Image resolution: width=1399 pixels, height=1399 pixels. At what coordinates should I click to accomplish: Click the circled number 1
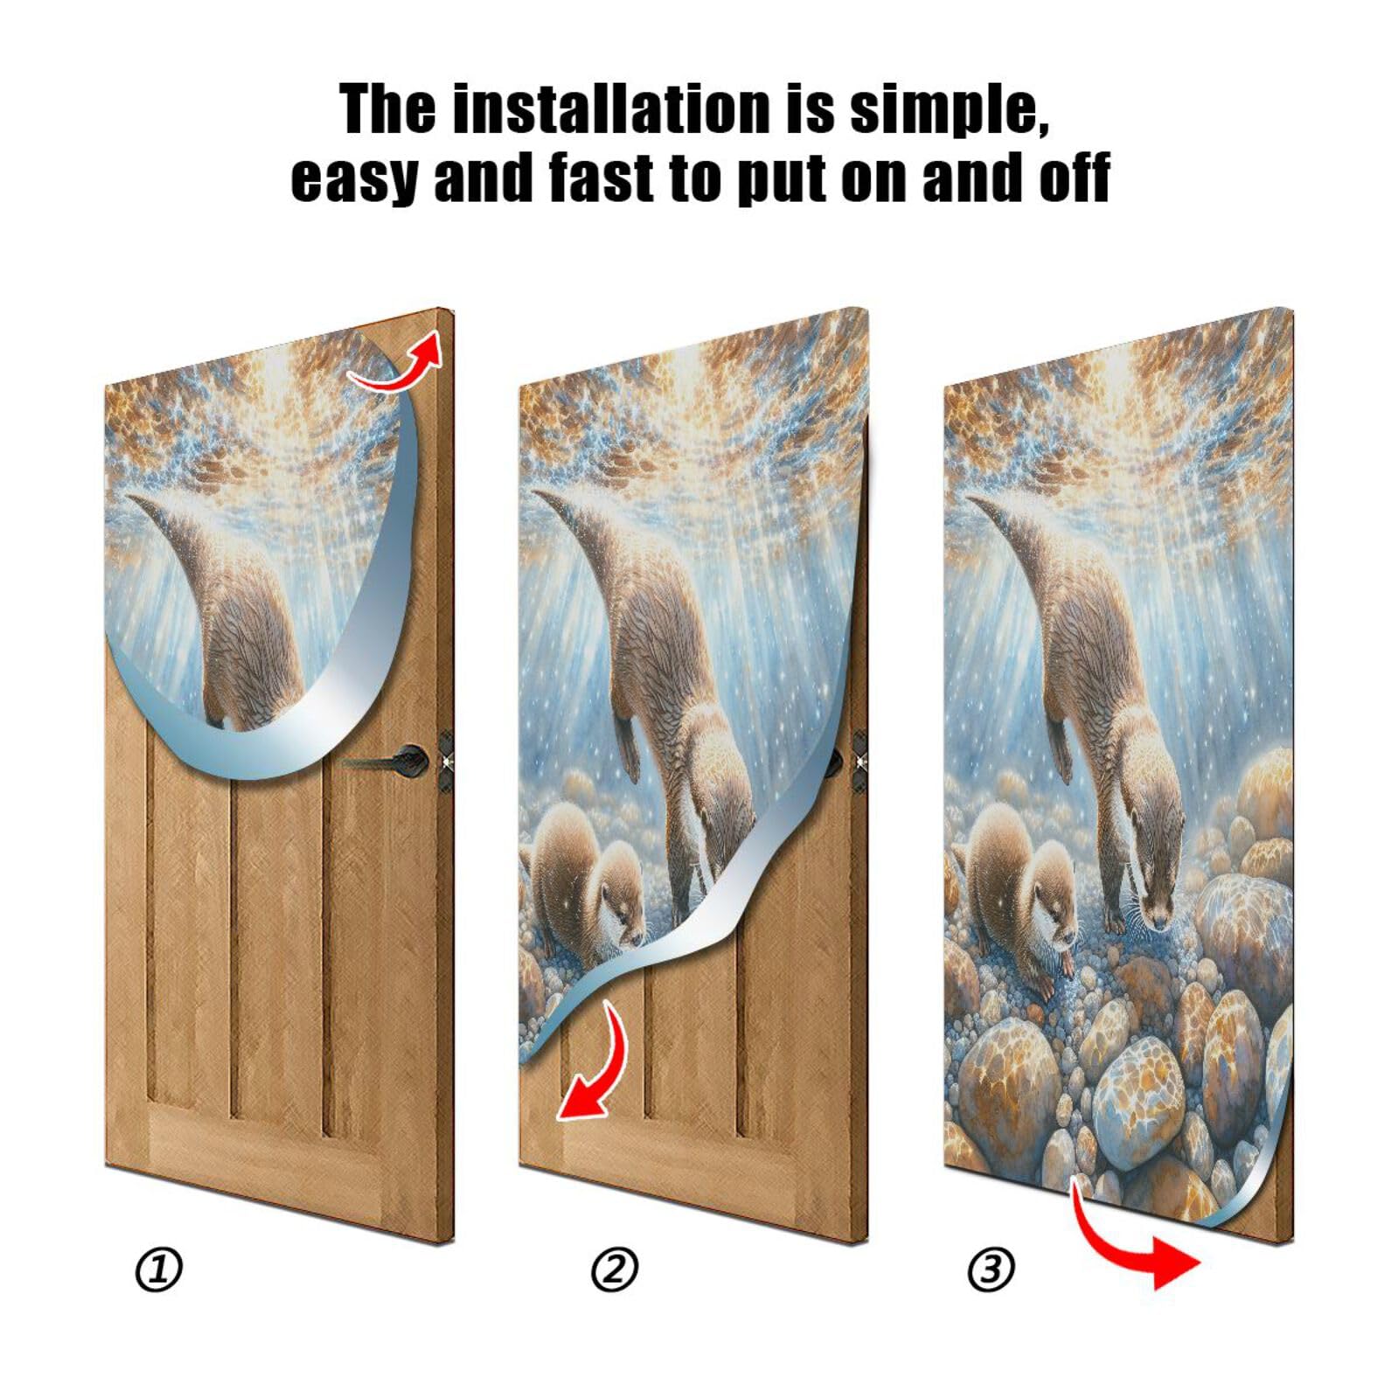(159, 1270)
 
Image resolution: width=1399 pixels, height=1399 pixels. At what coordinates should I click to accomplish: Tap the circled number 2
(615, 1270)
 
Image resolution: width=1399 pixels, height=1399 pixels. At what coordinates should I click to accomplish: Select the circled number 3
(991, 1270)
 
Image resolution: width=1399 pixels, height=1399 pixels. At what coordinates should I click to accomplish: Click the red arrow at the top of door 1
(398, 360)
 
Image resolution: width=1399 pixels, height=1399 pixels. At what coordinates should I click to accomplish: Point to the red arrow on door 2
(595, 1067)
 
